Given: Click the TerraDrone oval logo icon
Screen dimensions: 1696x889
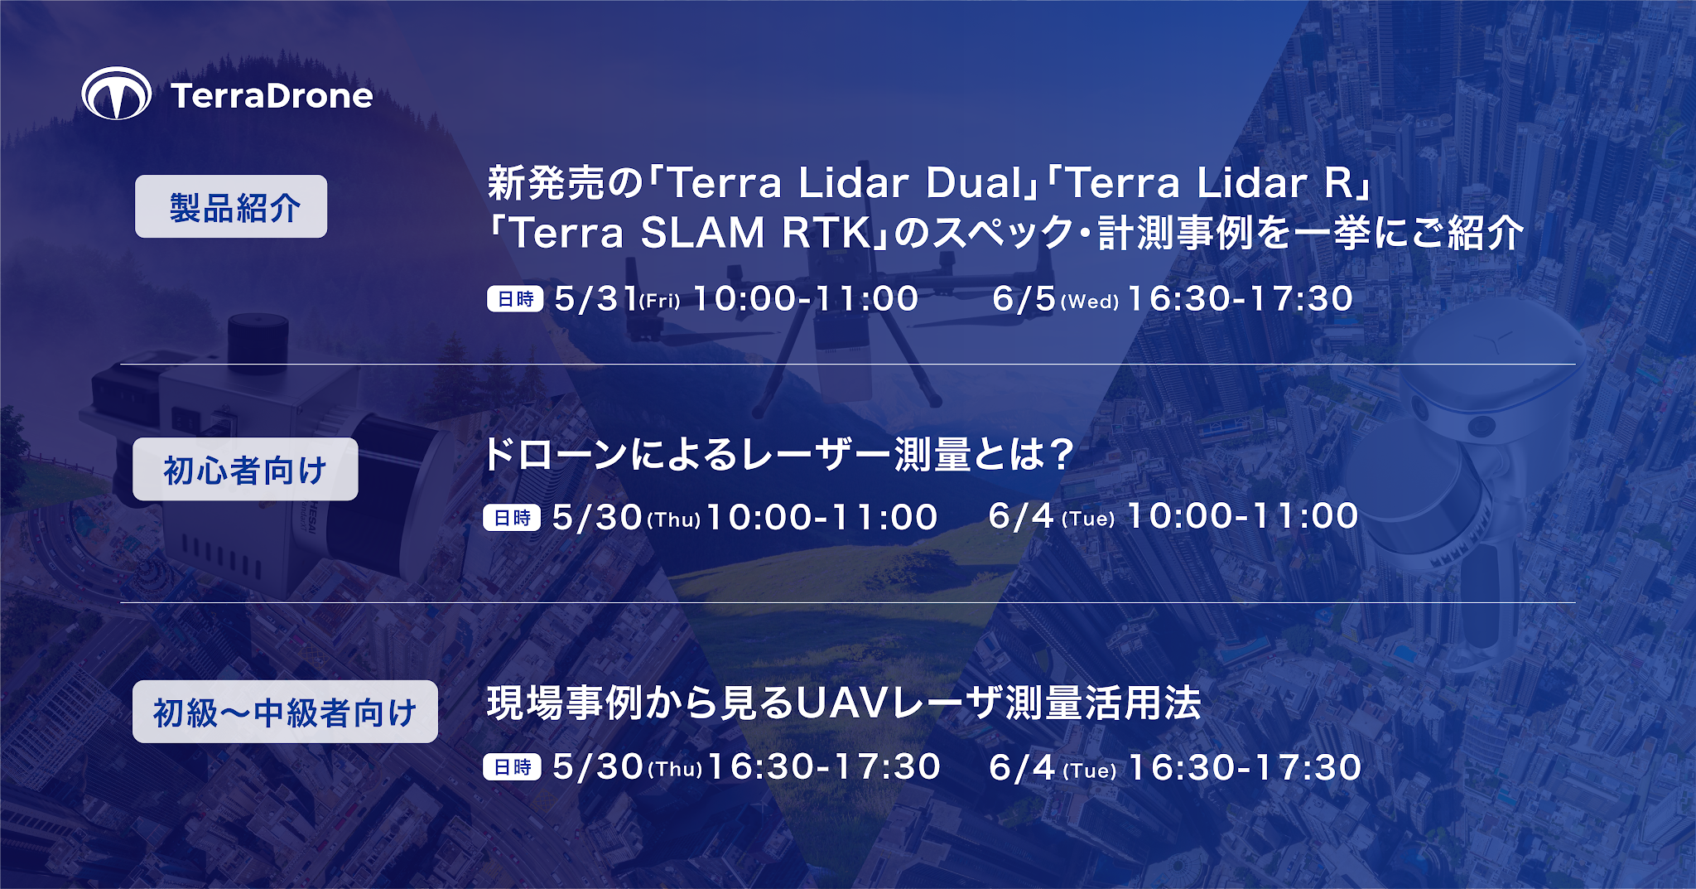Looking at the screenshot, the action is (x=117, y=94).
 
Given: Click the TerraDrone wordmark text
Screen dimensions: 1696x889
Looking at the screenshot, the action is (x=272, y=96).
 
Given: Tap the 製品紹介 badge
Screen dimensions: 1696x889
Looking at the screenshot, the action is (x=231, y=206).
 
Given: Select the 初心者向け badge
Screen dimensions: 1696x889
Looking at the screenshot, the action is (x=245, y=469).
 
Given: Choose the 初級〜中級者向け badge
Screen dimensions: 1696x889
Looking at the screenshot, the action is (x=285, y=712).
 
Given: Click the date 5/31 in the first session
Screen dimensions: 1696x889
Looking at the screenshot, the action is (x=595, y=298).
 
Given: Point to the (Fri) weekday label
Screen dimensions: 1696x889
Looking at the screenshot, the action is (x=660, y=301).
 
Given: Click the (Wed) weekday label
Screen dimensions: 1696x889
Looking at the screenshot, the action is (x=1090, y=302).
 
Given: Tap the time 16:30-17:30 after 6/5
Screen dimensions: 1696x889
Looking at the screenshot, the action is (x=1240, y=298).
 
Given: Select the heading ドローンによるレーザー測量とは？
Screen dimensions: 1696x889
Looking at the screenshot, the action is (x=778, y=454).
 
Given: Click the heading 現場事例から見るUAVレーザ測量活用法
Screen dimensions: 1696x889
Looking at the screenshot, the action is (x=844, y=703).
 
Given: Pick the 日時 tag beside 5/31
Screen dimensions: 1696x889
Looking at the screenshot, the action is (x=515, y=298).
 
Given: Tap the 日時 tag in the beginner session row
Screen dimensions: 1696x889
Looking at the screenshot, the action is (x=512, y=518).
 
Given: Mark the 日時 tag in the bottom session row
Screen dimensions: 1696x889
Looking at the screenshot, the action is (x=512, y=767).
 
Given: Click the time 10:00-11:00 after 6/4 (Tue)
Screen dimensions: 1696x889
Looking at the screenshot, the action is (x=1243, y=516).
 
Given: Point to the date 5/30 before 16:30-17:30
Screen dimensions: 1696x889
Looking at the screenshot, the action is (x=597, y=767).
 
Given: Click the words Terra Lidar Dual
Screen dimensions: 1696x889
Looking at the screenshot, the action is (x=846, y=183).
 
